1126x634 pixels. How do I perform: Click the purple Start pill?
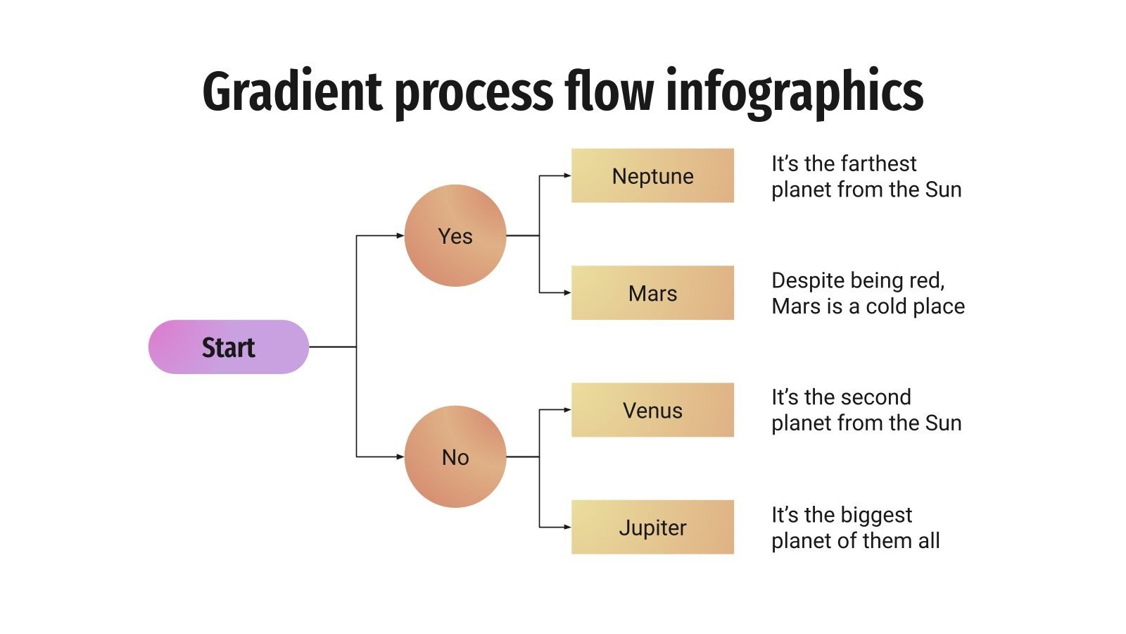[228, 347]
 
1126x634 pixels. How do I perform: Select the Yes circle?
[455, 235]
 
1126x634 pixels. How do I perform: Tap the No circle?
[455, 456]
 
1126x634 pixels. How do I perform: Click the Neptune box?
[652, 175]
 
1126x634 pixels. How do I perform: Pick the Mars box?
[652, 293]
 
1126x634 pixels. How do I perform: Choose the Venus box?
[652, 410]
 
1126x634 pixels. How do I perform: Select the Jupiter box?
[652, 527]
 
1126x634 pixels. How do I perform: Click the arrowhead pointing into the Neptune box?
[567, 175]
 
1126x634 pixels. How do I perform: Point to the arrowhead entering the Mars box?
[567, 292]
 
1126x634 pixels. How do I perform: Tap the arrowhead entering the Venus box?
[567, 410]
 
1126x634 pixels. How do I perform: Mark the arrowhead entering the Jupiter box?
[567, 527]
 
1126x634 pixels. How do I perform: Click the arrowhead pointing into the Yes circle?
[400, 235]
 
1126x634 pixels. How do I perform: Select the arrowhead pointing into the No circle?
[400, 456]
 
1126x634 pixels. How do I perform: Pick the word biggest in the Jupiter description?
[879, 515]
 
